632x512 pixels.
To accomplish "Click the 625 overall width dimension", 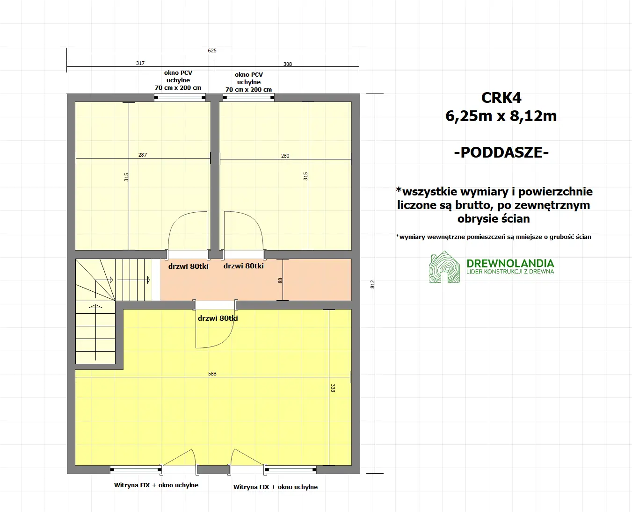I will pyautogui.click(x=212, y=50).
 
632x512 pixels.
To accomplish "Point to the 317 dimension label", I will pyautogui.click(x=140, y=63).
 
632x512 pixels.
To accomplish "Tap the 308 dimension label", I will pyautogui.click(x=288, y=64).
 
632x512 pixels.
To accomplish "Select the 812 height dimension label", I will pyautogui.click(x=373, y=284).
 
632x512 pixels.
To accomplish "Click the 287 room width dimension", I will pyautogui.click(x=143, y=155).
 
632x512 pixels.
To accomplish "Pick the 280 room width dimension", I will pyautogui.click(x=285, y=156).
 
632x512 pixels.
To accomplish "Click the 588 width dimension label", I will pyautogui.click(x=212, y=374).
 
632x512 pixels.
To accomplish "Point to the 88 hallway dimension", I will pyautogui.click(x=280, y=281).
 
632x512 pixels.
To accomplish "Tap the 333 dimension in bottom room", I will pyautogui.click(x=333, y=388).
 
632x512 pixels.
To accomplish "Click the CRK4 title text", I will pyautogui.click(x=501, y=98).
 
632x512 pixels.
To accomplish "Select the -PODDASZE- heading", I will pyautogui.click(x=501, y=152).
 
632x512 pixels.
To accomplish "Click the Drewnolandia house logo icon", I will pyautogui.click(x=444, y=268).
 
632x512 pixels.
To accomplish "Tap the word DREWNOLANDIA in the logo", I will pyautogui.click(x=510, y=263).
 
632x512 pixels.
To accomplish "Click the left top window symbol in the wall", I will pyautogui.click(x=180, y=98).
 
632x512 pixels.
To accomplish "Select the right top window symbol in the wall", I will pyautogui.click(x=248, y=98).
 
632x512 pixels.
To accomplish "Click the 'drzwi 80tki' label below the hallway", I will pyautogui.click(x=218, y=318).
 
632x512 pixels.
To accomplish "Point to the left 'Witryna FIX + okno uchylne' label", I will pyautogui.click(x=156, y=485).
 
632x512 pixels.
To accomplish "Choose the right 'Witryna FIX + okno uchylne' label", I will pyautogui.click(x=276, y=487).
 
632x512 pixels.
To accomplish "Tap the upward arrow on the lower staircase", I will pyautogui.click(x=95, y=307).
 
